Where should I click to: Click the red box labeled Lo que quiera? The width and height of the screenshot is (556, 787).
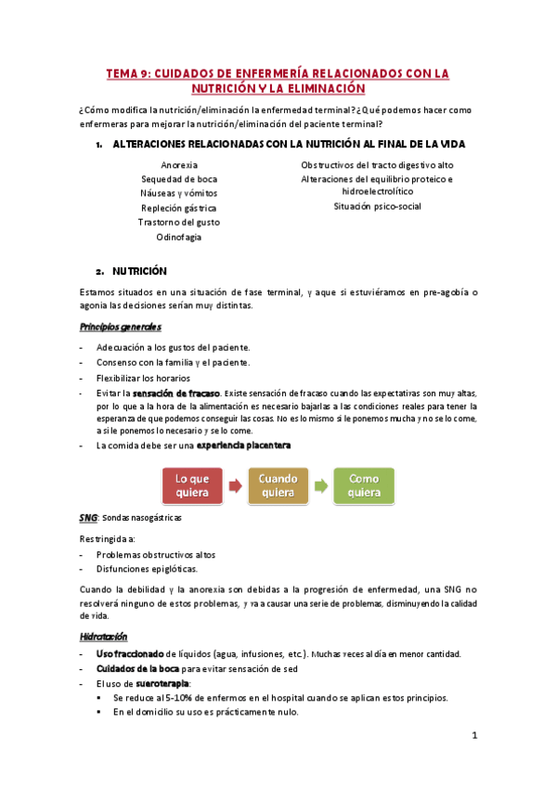192,485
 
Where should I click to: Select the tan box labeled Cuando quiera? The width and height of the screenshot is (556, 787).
278,485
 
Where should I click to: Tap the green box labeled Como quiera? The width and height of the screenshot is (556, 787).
363,485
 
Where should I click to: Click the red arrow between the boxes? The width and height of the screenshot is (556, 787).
235,485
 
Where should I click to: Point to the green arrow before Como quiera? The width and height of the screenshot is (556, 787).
320,485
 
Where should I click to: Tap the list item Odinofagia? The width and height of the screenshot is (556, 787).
178,237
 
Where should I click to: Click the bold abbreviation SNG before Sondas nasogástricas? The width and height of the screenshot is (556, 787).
89,517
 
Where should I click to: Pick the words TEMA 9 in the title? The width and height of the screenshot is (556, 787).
126,72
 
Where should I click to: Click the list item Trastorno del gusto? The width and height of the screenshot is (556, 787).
178,222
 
